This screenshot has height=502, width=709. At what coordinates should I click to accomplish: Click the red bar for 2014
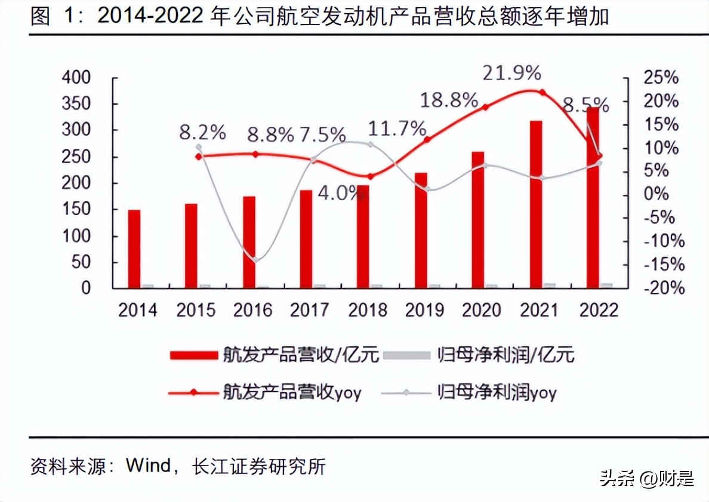[134, 249]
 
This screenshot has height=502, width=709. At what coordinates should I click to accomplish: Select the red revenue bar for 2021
[536, 204]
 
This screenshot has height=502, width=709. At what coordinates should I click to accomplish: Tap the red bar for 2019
[421, 230]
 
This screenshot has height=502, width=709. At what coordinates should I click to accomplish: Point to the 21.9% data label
[512, 74]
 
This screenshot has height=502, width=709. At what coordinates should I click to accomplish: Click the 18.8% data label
[449, 100]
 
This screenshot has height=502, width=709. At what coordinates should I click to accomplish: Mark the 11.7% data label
[397, 128]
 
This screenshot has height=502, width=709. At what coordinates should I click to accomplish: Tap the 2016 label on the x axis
[252, 310]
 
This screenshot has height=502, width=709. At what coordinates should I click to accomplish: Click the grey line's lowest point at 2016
[255, 259]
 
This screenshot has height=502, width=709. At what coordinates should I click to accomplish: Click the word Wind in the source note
[150, 466]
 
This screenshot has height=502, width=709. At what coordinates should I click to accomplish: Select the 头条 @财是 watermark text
[647, 478]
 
